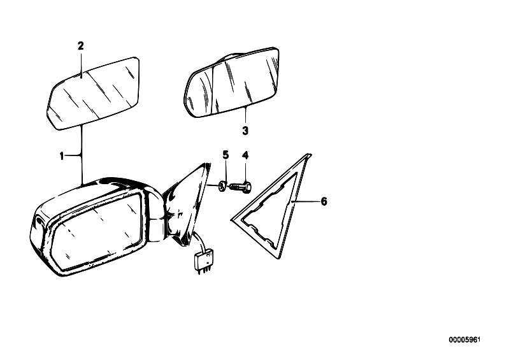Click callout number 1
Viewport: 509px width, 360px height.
[x=62, y=156]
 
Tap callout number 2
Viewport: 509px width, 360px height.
[x=80, y=46]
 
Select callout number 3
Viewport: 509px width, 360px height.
[x=245, y=131]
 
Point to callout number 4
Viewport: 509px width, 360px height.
[x=245, y=155]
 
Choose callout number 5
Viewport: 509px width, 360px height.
[x=226, y=155]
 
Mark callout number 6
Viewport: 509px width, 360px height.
[x=324, y=201]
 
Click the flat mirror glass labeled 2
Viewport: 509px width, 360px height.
[x=94, y=93]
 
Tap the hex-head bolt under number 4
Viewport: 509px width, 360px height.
[x=241, y=187]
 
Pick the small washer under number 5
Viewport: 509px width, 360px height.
[x=222, y=187]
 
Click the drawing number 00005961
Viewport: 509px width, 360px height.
[x=464, y=340]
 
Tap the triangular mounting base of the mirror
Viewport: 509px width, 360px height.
[x=187, y=205]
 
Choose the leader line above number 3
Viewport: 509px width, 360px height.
[x=246, y=115]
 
